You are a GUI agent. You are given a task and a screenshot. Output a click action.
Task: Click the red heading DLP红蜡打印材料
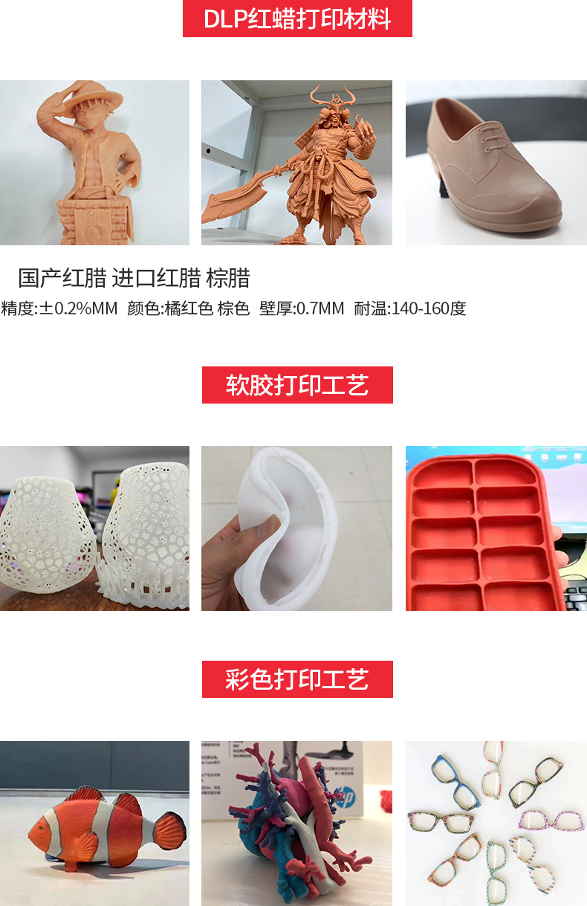297,19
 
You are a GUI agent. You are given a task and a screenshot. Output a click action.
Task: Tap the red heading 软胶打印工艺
297,385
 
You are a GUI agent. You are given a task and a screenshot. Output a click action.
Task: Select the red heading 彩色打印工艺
297,679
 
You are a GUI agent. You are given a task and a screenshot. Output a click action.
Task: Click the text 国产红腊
62,279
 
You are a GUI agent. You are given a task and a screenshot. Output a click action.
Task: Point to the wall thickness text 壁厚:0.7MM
302,308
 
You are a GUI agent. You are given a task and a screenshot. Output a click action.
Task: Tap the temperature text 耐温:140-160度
410,308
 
